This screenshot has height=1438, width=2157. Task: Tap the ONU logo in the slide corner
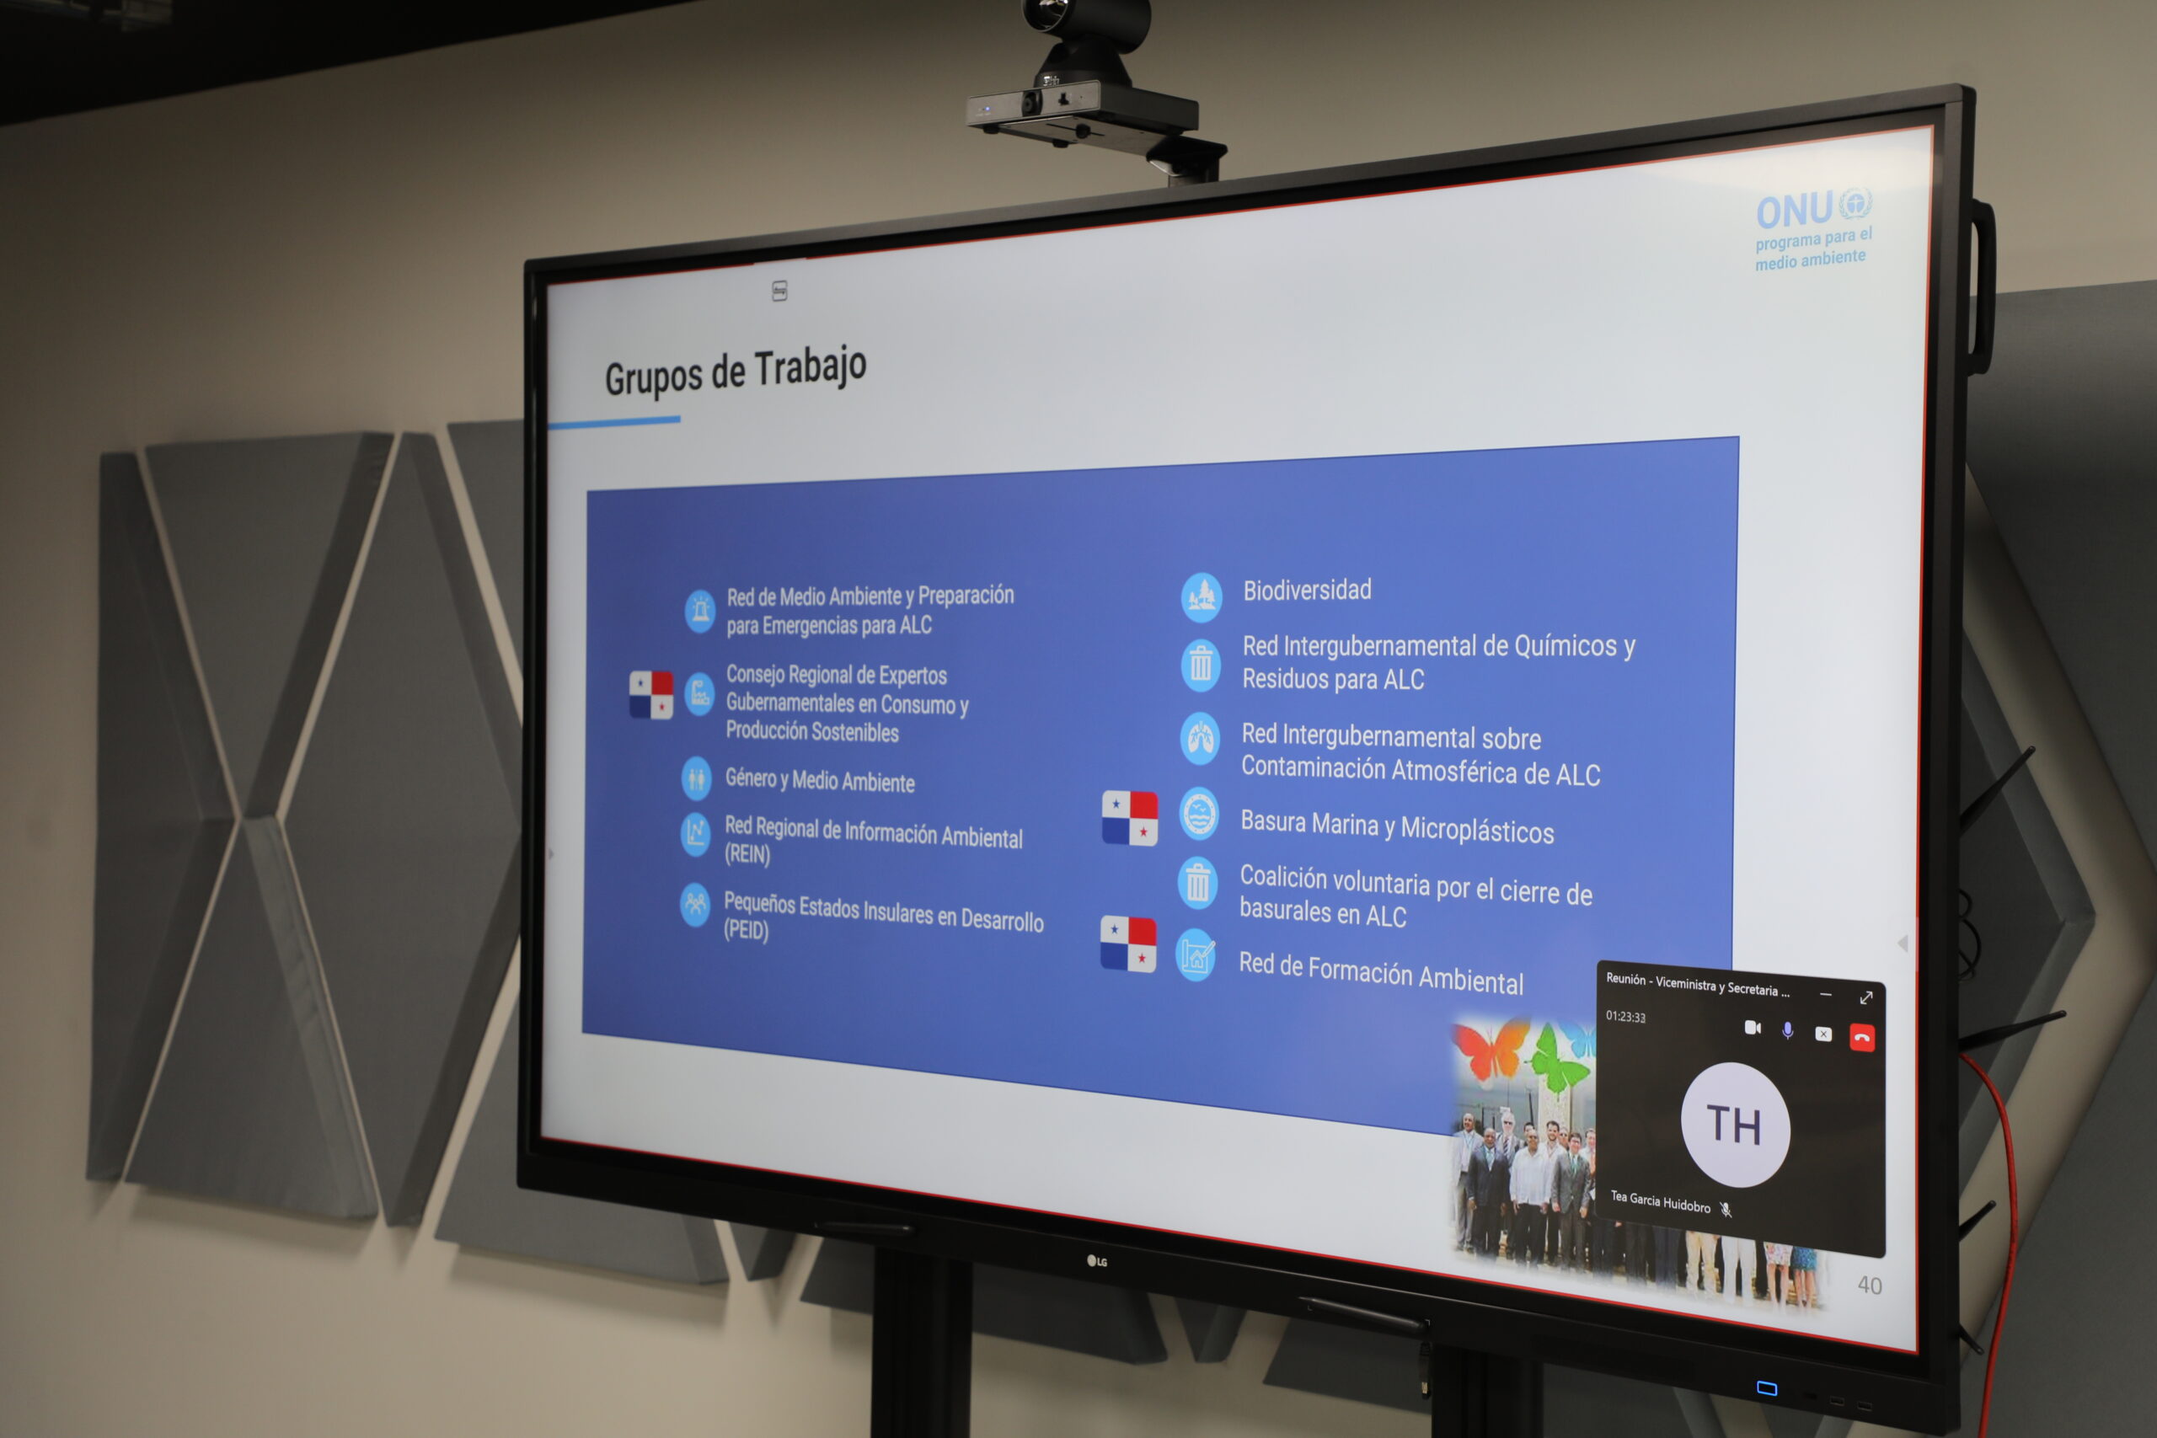[1813, 230]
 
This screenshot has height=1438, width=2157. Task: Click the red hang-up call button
[1862, 1037]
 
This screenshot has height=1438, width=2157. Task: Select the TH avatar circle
[1734, 1125]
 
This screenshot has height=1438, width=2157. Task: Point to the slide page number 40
[1869, 1285]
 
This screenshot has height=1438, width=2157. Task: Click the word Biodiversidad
[1307, 590]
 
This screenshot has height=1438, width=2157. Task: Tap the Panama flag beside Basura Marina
[1129, 817]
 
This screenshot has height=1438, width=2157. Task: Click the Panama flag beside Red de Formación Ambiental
[1128, 944]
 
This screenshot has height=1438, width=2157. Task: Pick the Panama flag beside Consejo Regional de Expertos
[651, 694]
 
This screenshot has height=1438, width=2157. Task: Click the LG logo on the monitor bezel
[1097, 1261]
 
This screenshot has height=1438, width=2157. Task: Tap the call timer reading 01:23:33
[1625, 1016]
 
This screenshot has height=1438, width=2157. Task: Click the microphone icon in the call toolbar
[1787, 1030]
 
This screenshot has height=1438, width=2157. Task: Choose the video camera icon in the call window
[1752, 1027]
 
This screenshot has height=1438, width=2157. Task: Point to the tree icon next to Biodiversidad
[1202, 598]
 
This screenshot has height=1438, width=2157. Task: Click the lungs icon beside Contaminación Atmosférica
[1201, 738]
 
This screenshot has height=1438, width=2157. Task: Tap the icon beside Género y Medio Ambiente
[696, 779]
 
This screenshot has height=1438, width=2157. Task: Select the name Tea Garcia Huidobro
[1660, 1201]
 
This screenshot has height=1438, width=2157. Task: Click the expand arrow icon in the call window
[1865, 997]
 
